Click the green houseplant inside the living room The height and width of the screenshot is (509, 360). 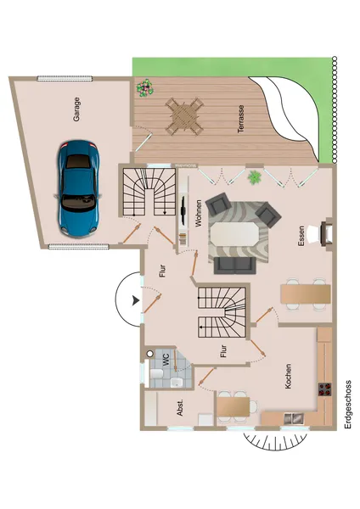(254, 177)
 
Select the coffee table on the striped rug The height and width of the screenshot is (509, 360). (239, 230)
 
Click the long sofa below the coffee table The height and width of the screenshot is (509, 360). (234, 266)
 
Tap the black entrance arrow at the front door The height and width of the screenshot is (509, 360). (135, 299)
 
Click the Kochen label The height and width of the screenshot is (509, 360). (289, 374)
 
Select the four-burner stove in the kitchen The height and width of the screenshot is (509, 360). (323, 391)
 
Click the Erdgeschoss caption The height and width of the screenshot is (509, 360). (348, 405)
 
